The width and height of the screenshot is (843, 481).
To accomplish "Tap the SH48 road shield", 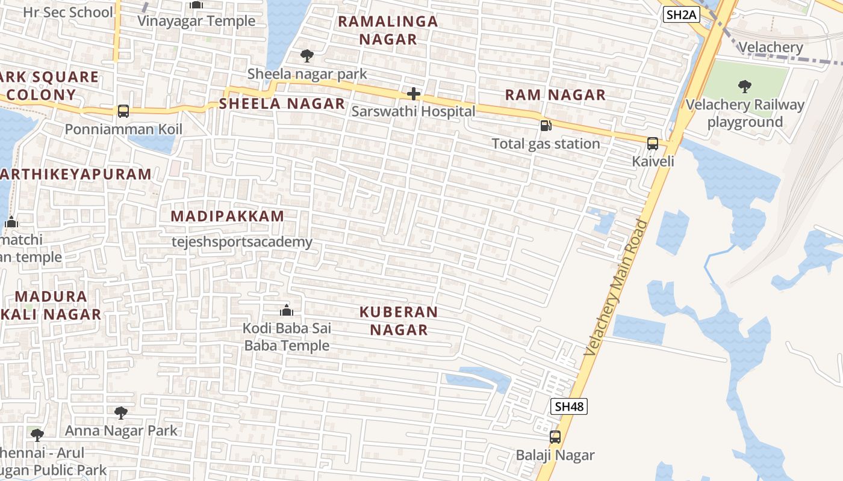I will tap(568, 406).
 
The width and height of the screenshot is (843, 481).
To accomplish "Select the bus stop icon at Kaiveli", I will tap(653, 144).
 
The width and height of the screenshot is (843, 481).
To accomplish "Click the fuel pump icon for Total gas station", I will tap(546, 126).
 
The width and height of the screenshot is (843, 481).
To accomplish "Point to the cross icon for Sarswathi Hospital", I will tap(414, 94).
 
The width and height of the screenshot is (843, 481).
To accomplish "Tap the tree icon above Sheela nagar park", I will tap(307, 56).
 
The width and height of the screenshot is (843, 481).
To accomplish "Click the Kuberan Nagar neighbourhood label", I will tap(398, 320).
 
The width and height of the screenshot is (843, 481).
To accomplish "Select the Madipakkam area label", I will tap(227, 216).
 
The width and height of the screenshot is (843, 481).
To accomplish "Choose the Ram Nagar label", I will tap(555, 95).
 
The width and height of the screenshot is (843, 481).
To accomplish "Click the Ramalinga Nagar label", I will tap(388, 30).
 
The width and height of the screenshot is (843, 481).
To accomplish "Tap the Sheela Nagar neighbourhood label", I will tap(282, 103).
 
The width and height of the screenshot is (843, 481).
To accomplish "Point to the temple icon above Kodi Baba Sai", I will tap(287, 310).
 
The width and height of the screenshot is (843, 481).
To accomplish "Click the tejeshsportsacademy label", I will tap(242, 242).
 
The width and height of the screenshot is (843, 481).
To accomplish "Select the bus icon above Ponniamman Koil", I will tap(123, 111).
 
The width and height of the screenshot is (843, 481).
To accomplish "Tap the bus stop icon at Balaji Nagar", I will tap(555, 437).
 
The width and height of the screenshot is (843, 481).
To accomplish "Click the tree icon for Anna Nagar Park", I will tap(121, 412).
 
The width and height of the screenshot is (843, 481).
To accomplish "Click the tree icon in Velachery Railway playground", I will tap(745, 87).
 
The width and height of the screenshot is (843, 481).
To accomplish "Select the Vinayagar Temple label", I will tap(196, 21).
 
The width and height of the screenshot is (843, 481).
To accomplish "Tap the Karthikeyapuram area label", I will tap(76, 174).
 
